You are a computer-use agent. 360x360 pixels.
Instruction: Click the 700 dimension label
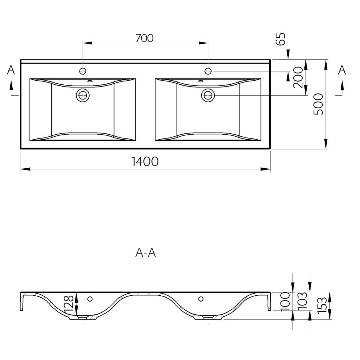pos(144,38)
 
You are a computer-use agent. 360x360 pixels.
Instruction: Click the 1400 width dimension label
pos(145,161)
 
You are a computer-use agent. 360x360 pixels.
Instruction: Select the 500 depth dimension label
pos(319,104)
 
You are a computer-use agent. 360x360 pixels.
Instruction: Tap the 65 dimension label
pos(281,39)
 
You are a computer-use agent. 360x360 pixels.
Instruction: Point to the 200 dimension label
pos(298,77)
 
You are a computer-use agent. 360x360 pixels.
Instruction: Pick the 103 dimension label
pos(302,301)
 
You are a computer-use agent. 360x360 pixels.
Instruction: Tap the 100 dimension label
pos(285,301)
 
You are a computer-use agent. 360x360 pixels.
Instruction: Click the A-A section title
pos(146,253)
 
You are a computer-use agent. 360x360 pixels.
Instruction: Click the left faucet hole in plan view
pos(83,71)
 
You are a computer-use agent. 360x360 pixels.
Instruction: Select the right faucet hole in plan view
pos(208,71)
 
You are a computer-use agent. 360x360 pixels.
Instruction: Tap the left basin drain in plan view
pos(83,95)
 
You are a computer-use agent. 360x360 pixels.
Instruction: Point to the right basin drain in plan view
pos(208,95)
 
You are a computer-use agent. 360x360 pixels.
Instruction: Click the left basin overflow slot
pos(90,81)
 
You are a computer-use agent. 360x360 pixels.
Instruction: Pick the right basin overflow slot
pos(201,81)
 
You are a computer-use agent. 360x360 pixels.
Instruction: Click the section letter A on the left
pos(11,70)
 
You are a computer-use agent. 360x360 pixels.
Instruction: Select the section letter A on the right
pos(342,70)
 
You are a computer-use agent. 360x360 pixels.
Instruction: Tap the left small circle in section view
pos(90,299)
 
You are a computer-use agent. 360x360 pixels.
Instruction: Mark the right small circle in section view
pos(201,299)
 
